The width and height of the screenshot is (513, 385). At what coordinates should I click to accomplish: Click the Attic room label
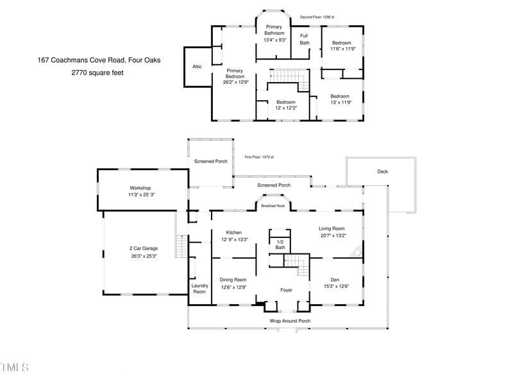(x=198, y=67)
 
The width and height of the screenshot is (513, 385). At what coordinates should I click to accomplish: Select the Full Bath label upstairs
(x=304, y=38)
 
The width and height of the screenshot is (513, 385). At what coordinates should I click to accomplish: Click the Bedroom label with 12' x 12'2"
(x=286, y=102)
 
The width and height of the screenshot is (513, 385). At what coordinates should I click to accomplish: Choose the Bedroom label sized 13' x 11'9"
(x=340, y=96)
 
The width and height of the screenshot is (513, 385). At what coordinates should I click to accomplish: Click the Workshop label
(x=140, y=188)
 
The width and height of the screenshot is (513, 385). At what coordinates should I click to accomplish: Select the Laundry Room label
(x=199, y=288)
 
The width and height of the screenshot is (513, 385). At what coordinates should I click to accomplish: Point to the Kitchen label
(x=233, y=232)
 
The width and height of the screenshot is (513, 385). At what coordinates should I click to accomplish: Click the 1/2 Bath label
(x=280, y=244)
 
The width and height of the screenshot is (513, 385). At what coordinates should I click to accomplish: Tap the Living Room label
(x=332, y=228)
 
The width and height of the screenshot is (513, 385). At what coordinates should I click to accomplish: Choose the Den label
(x=335, y=280)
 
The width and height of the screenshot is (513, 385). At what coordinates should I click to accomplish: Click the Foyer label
(x=287, y=290)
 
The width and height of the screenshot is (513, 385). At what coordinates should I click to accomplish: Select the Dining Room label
(x=233, y=280)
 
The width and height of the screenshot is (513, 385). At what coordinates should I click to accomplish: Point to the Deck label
(x=383, y=171)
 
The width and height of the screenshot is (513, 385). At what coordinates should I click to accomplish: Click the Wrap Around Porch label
(x=290, y=320)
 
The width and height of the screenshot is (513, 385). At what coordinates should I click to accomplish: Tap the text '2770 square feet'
(x=97, y=73)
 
